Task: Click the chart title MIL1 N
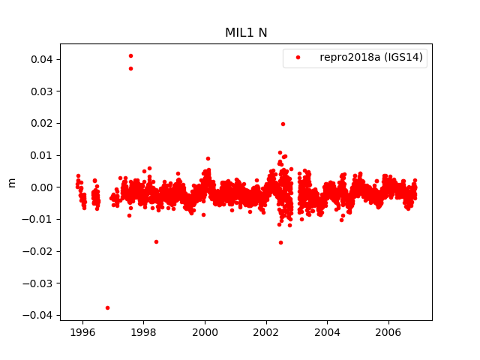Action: (246, 32)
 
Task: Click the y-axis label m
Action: (11, 182)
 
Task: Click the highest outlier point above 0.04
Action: (130, 55)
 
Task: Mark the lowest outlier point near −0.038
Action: (107, 307)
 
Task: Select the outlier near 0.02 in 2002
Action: (283, 124)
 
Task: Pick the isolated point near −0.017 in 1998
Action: (156, 241)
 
